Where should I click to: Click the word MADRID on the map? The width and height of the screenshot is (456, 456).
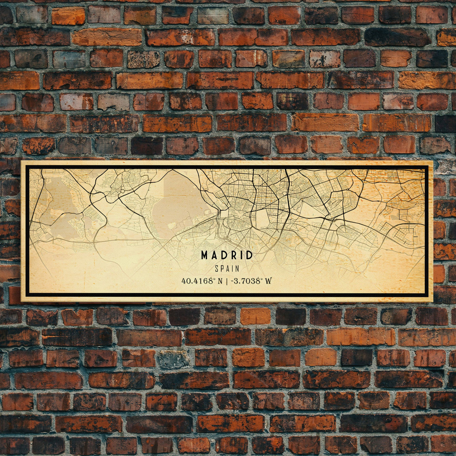(x=227, y=256)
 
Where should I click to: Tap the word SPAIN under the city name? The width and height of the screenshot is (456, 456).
(x=227, y=269)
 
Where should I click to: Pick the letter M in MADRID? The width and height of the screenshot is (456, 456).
(x=205, y=256)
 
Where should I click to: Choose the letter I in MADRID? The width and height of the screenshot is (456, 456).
(x=240, y=256)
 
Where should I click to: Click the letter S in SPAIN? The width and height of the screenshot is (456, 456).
(x=217, y=269)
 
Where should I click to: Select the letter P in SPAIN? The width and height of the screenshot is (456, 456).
(x=222, y=269)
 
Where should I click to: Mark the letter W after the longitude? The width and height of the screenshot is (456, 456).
(x=268, y=281)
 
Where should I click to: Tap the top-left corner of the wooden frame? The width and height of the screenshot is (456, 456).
(x=22, y=162)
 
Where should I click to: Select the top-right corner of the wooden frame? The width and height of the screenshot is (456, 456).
(x=432, y=162)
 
